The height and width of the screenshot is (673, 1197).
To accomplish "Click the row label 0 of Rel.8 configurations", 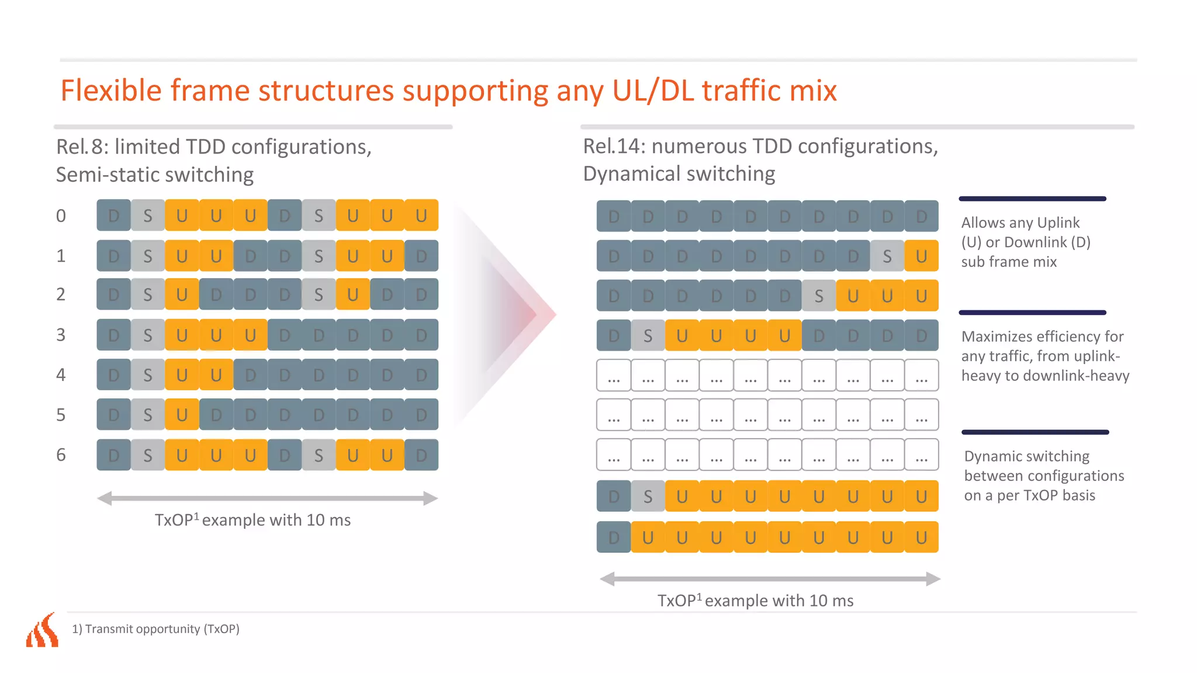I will (x=61, y=216).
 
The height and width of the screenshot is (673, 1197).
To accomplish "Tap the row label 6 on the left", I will (x=61, y=455).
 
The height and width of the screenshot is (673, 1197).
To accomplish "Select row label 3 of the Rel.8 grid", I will (x=61, y=335).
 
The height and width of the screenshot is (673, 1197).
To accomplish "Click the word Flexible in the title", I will (x=111, y=91).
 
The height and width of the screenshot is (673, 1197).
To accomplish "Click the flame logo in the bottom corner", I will (x=43, y=630).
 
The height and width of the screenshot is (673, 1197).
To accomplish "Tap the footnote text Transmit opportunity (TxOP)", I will (x=162, y=629).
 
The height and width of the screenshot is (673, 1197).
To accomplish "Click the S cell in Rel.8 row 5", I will (x=148, y=415).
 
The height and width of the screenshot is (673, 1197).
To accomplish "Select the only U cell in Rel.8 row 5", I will (x=182, y=415).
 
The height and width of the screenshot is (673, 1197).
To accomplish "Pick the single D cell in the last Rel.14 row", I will (x=614, y=537).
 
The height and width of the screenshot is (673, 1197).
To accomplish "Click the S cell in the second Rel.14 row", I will (x=887, y=256).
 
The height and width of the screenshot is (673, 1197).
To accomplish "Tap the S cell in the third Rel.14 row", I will (x=819, y=296).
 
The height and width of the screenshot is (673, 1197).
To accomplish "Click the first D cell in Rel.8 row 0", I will (x=114, y=216).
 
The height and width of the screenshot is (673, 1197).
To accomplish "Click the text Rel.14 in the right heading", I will (x=613, y=147).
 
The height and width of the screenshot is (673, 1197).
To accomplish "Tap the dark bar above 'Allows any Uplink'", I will (x=1033, y=199).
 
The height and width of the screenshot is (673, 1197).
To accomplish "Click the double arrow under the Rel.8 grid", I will (x=267, y=498).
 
